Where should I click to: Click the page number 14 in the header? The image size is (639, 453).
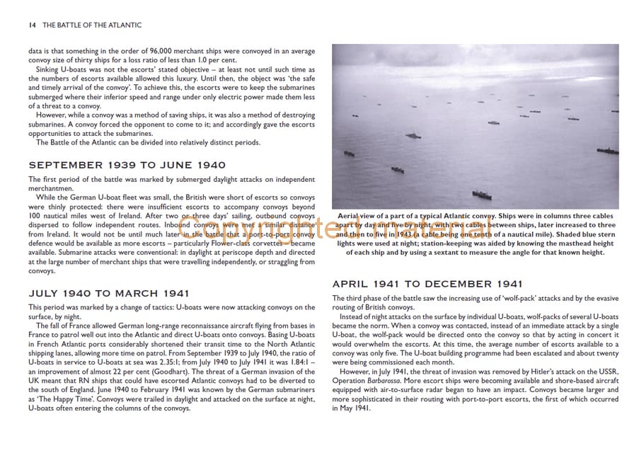point(32,25)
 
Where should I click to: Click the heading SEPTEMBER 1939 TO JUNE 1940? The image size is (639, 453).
point(127,165)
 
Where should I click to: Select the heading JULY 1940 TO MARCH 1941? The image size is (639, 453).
point(108,292)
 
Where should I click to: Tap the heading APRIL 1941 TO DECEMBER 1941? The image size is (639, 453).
point(427,284)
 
